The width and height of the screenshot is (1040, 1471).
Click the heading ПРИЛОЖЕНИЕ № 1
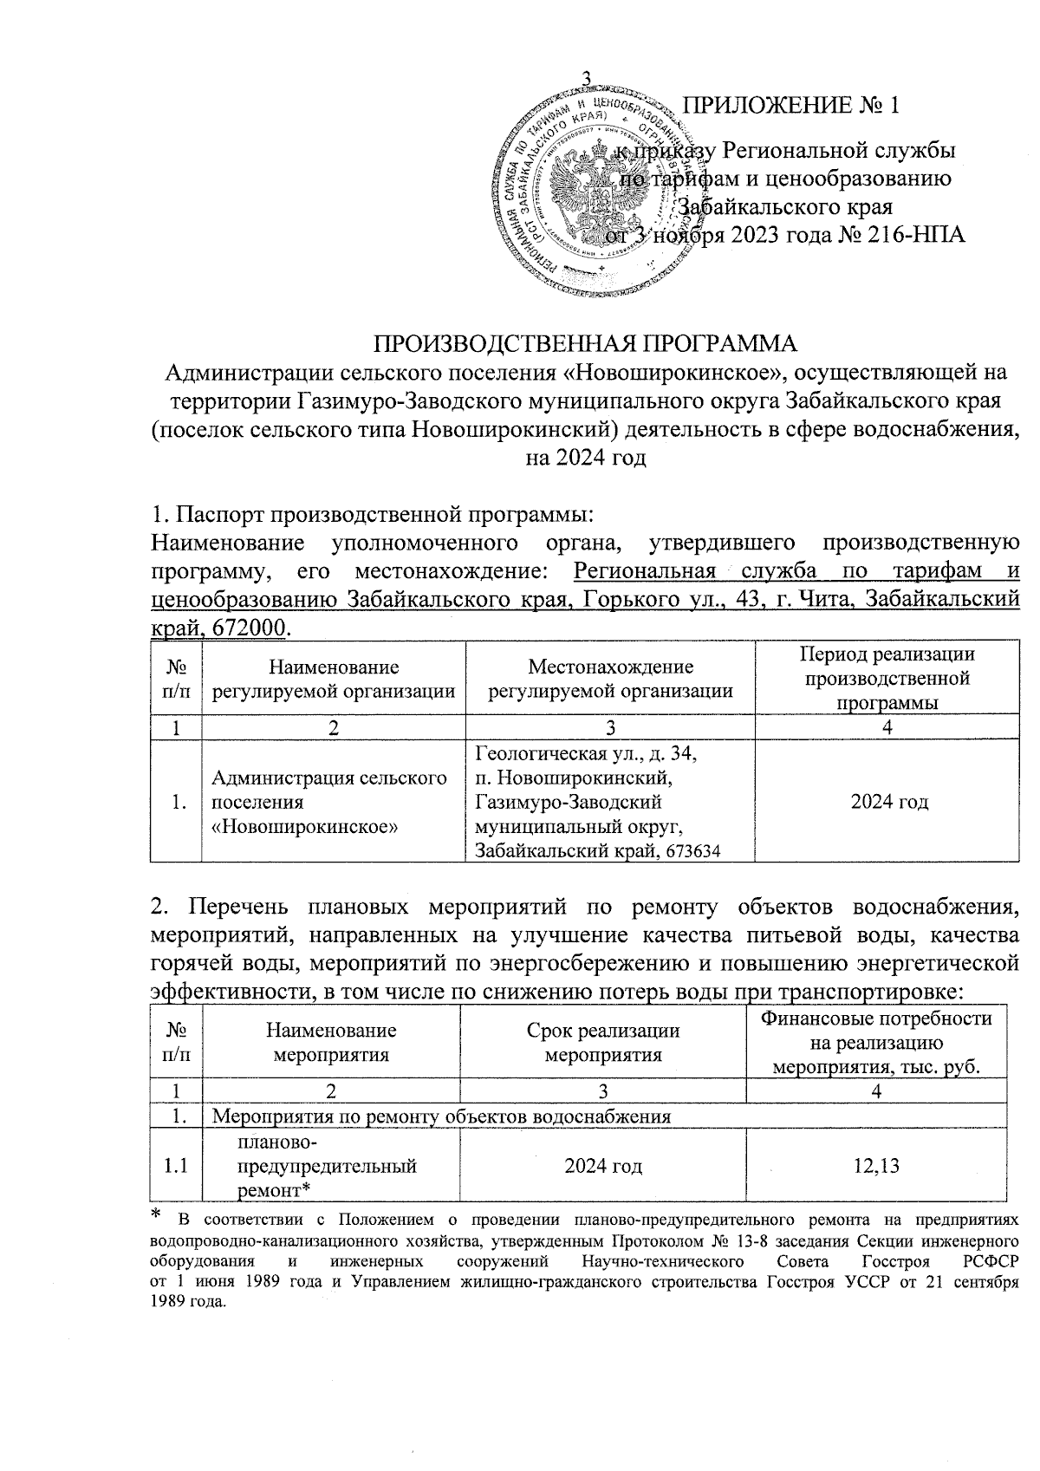coord(791,107)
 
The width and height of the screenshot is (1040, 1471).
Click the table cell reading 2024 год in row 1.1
coord(603,1166)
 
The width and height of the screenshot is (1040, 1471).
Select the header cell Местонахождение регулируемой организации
coord(610,679)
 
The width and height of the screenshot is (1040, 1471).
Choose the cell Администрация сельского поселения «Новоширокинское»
coord(329,802)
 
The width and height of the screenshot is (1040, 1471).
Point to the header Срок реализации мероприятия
coord(603,1042)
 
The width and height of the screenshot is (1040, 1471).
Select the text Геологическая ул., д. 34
coord(585,755)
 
